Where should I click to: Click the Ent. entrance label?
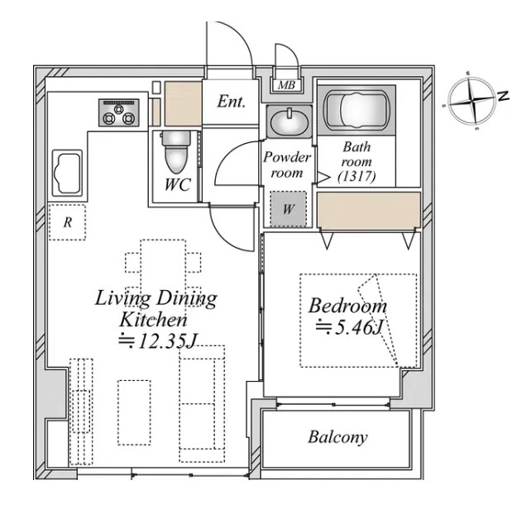(232, 102)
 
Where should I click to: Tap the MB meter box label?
(286, 85)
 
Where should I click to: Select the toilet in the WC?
(175, 152)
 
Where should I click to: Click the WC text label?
(178, 184)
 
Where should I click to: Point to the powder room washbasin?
(290, 121)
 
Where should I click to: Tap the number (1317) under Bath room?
(357, 176)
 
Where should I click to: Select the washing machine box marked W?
(288, 209)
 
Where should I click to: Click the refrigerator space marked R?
(67, 222)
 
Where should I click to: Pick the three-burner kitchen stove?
(119, 112)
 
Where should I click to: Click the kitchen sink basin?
(68, 173)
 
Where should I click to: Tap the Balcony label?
(338, 437)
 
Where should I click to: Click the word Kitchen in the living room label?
(153, 320)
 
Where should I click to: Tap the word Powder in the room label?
(287, 157)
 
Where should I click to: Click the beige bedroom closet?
(369, 210)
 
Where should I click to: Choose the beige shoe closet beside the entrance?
(183, 103)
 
